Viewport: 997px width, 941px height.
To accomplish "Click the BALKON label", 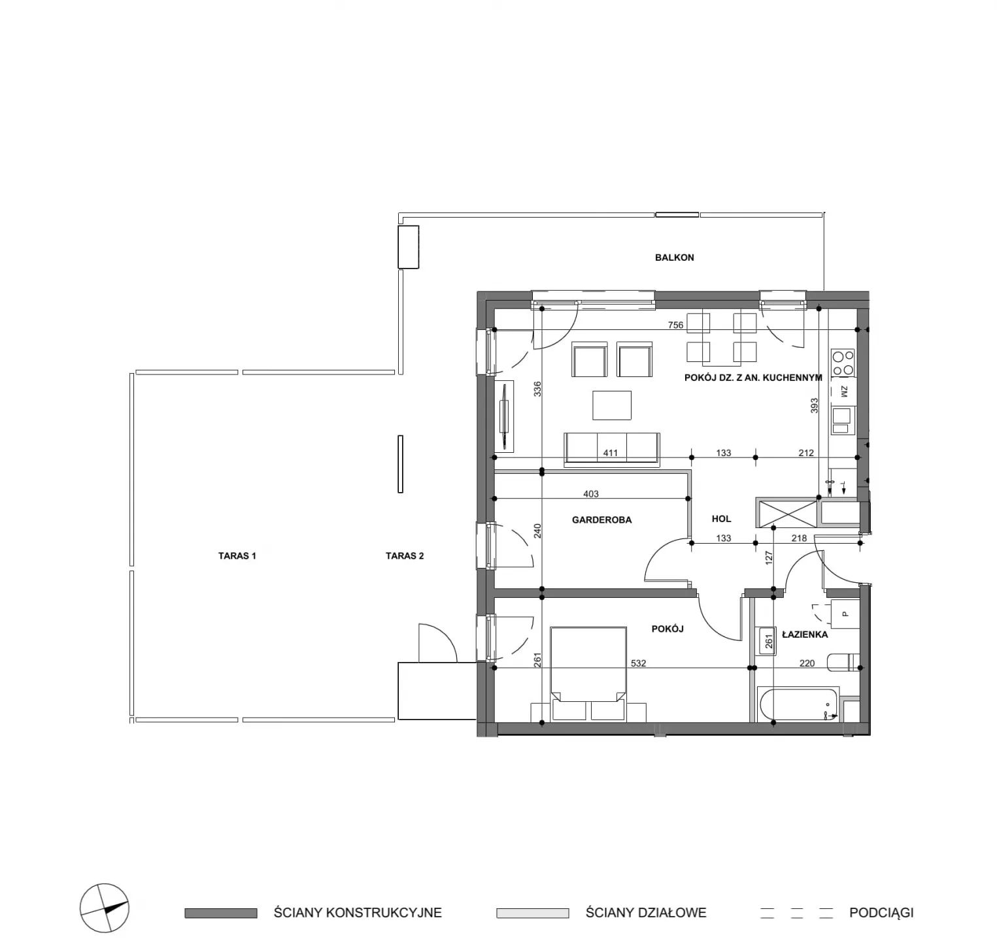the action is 674,257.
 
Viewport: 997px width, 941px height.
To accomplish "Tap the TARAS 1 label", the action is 237,556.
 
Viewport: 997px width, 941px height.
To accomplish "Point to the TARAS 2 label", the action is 405,556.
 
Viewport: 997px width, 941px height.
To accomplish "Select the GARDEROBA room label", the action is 601,520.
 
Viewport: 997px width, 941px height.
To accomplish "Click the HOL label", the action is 721,519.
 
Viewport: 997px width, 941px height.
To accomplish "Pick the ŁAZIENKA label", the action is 805,635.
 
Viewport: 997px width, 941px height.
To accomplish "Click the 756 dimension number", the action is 675,325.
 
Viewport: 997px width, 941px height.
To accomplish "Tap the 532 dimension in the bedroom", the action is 638,663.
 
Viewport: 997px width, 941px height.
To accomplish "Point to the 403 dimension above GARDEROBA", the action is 590,494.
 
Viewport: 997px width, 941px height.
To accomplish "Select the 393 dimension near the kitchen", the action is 814,406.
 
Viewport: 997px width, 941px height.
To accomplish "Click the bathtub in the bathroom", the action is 798,704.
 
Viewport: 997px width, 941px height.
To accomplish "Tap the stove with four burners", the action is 843,363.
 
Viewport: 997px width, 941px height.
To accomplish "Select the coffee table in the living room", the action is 612,405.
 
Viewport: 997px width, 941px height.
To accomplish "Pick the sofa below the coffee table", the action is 612,450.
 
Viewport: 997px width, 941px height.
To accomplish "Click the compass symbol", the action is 105,908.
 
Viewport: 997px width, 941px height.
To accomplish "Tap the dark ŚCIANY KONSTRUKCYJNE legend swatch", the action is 221,913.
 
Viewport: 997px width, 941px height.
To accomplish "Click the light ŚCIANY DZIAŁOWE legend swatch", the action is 533,913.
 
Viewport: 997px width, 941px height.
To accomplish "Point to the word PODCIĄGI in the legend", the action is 881,913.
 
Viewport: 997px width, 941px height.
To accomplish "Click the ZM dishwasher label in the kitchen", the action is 843,391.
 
